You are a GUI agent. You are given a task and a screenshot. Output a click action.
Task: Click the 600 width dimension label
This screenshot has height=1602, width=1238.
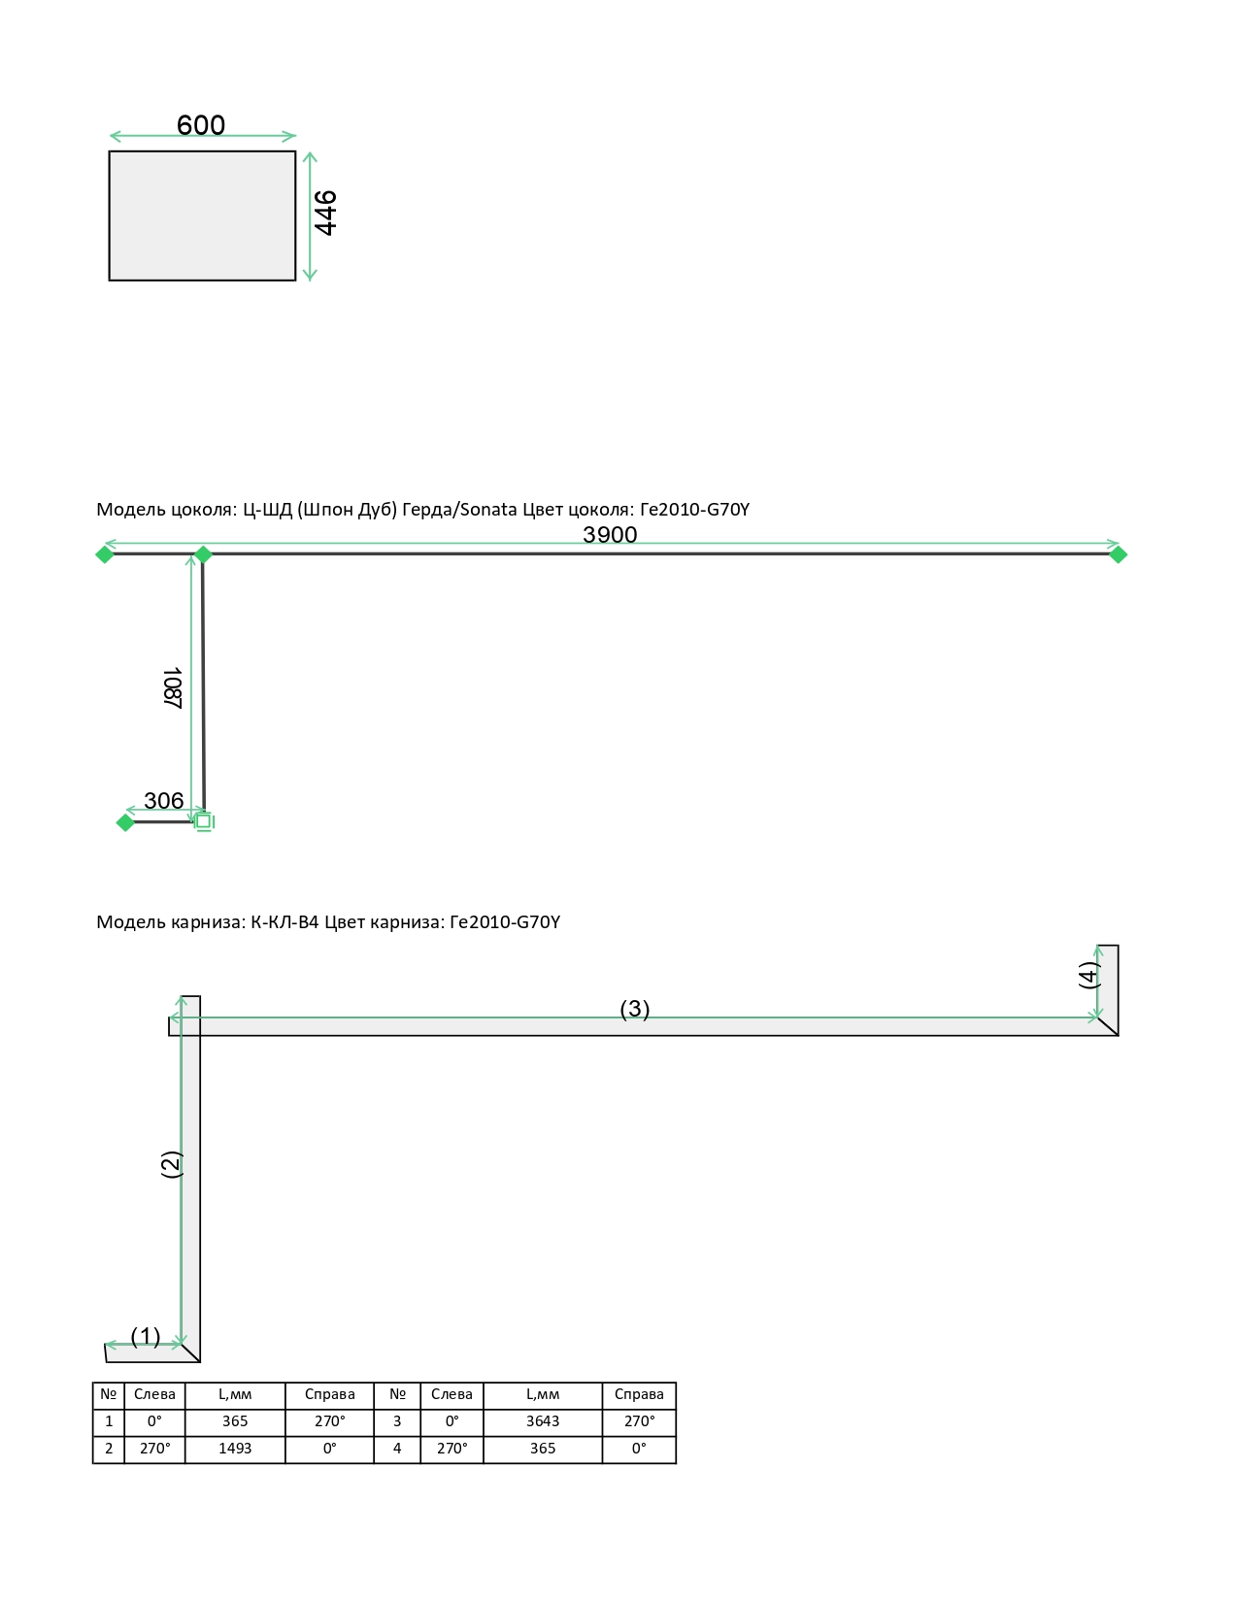coord(201,124)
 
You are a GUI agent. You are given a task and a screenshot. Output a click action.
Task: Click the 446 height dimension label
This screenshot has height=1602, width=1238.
coord(325,213)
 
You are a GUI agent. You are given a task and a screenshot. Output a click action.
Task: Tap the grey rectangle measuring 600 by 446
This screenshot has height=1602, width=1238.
coord(202,216)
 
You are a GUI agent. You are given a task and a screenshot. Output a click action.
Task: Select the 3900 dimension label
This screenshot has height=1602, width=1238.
coord(610,535)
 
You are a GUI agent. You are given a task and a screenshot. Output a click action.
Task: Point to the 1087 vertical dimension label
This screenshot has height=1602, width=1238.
coord(172,687)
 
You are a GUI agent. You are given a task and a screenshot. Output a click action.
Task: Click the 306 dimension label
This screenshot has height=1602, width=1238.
coord(164,800)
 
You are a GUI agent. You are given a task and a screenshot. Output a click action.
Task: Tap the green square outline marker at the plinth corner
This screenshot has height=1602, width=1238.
coord(204,821)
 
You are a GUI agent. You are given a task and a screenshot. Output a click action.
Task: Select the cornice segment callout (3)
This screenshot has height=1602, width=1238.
coord(635,1009)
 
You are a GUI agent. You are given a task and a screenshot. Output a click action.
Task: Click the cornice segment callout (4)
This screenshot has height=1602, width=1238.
coord(1089,975)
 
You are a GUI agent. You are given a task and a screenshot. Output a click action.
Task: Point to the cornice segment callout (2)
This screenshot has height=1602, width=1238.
coord(171,1164)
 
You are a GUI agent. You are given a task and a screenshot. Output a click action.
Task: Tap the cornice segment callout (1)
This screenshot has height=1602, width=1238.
coord(146,1336)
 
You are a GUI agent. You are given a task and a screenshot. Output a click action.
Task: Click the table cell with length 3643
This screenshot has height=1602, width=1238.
coord(543,1421)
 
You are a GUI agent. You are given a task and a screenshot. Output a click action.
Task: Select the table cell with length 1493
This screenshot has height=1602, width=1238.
coord(235,1449)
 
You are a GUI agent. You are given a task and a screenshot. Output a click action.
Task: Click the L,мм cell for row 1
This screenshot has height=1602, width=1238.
coord(235,1421)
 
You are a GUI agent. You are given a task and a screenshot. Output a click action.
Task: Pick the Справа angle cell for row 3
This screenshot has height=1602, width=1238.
coord(639,1421)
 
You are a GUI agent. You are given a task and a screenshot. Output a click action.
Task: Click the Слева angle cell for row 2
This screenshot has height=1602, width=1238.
coord(154,1449)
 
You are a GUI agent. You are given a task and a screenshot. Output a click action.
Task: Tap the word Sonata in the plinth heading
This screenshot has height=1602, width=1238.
coord(488,510)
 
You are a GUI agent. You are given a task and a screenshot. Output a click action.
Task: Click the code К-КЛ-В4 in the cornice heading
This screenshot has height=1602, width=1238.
coord(284,922)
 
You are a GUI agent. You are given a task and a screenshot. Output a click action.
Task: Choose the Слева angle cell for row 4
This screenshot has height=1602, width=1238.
coord(452,1449)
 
